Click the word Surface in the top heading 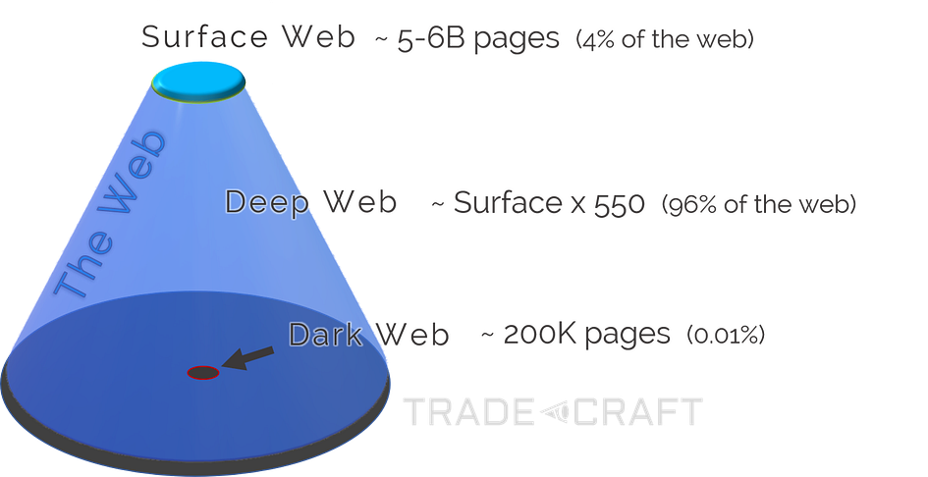click(x=203, y=37)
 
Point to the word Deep click(x=260, y=203)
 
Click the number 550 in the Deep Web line click(x=620, y=205)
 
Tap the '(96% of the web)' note click(x=760, y=205)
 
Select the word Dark click(x=326, y=335)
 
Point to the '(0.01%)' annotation click(x=726, y=336)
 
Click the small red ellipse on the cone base click(x=203, y=372)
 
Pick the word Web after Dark click(x=413, y=335)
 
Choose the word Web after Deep click(x=360, y=203)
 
